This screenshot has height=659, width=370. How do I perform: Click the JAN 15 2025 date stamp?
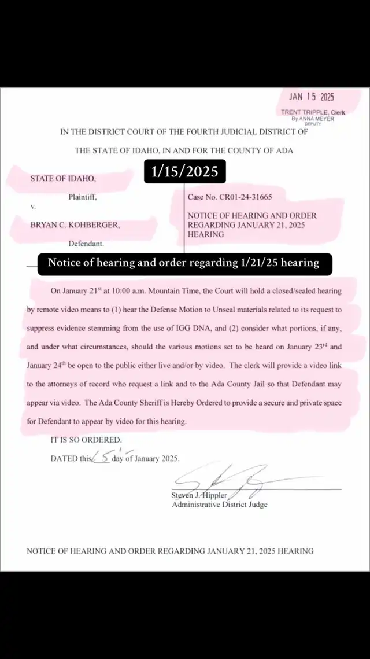312,97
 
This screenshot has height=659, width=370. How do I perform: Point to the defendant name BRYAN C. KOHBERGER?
75,224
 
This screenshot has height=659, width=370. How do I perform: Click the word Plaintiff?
83,197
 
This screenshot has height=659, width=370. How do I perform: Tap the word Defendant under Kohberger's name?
86,243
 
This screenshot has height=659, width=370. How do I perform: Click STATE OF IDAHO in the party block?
63,178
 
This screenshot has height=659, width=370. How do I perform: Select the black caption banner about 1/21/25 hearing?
183,263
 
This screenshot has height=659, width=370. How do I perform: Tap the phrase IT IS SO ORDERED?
86,440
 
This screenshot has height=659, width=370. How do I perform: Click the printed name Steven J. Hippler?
200,495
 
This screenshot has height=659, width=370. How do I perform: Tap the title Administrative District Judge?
220,505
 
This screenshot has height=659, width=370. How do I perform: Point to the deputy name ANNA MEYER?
316,118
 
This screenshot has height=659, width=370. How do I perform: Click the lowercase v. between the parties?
32,207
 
